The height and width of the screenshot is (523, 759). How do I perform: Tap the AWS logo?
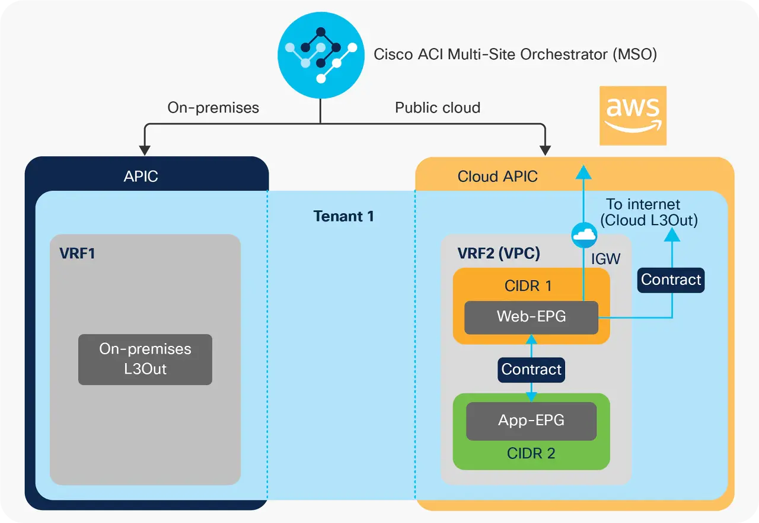point(633,115)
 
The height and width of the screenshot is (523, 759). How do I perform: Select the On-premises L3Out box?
point(145,359)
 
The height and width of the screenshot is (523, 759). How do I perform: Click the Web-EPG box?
point(531,317)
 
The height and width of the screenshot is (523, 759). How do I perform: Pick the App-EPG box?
point(531,421)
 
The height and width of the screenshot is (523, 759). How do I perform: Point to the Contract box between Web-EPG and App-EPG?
point(531,370)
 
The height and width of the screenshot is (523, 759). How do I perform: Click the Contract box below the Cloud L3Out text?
point(671,280)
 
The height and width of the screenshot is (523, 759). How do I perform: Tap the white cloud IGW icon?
point(584,235)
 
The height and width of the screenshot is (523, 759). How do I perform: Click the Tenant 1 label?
point(344,216)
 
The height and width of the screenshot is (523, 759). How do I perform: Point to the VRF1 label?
point(77,254)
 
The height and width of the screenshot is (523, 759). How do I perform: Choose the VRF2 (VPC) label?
point(499,254)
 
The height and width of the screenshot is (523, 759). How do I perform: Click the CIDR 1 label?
point(528,286)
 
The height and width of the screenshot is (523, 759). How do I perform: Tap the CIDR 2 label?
point(531,454)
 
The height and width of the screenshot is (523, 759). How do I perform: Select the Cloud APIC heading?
point(498,176)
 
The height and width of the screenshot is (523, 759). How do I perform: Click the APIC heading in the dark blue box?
point(141,176)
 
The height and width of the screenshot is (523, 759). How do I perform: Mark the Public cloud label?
point(438,108)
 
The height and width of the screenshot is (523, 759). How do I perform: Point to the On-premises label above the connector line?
point(213,108)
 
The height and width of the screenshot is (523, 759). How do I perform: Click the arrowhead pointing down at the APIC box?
point(143,149)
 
